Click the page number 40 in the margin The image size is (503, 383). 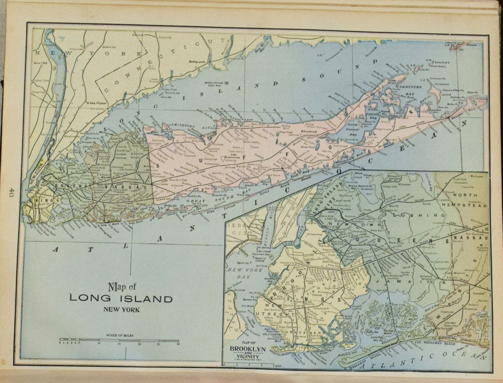coord(12,192)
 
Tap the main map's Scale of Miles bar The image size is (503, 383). coord(119,340)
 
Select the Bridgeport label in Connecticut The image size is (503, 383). coord(197,62)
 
